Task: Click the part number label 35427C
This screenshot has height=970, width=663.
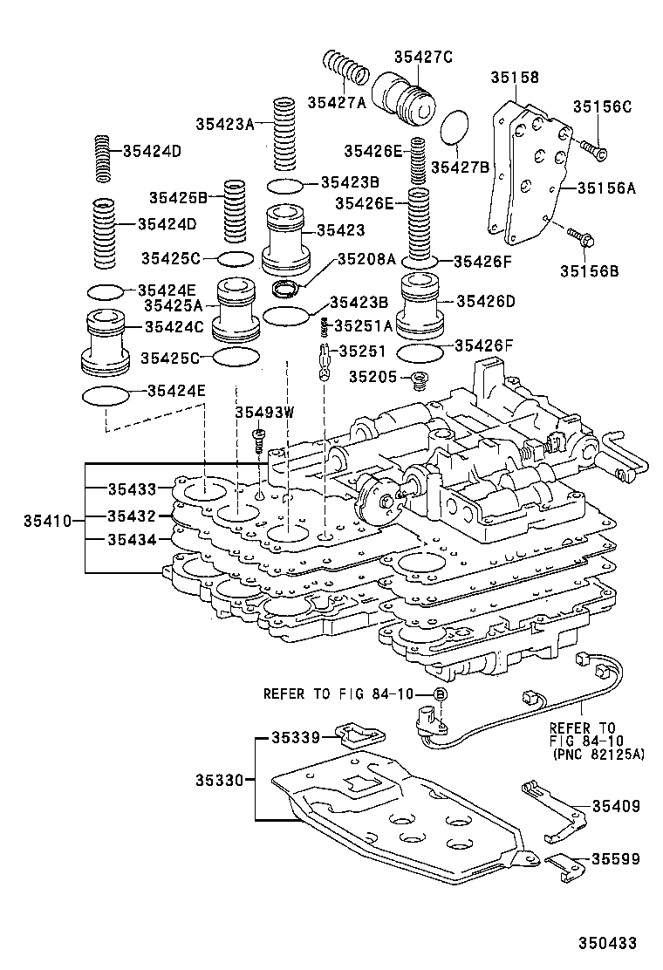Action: click(x=423, y=58)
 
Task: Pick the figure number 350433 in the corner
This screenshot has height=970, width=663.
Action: click(x=607, y=943)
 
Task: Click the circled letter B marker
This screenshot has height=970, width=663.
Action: click(x=441, y=693)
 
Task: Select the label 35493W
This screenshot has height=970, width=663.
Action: click(x=266, y=413)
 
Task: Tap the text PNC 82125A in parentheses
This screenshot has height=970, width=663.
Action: click(x=598, y=754)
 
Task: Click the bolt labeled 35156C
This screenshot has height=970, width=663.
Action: click(x=595, y=152)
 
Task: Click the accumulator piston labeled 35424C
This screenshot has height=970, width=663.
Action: click(x=106, y=341)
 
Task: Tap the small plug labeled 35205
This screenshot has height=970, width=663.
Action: click(x=420, y=380)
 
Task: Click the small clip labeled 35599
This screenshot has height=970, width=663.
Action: click(x=563, y=864)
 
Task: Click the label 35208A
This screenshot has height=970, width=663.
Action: click(x=366, y=259)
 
